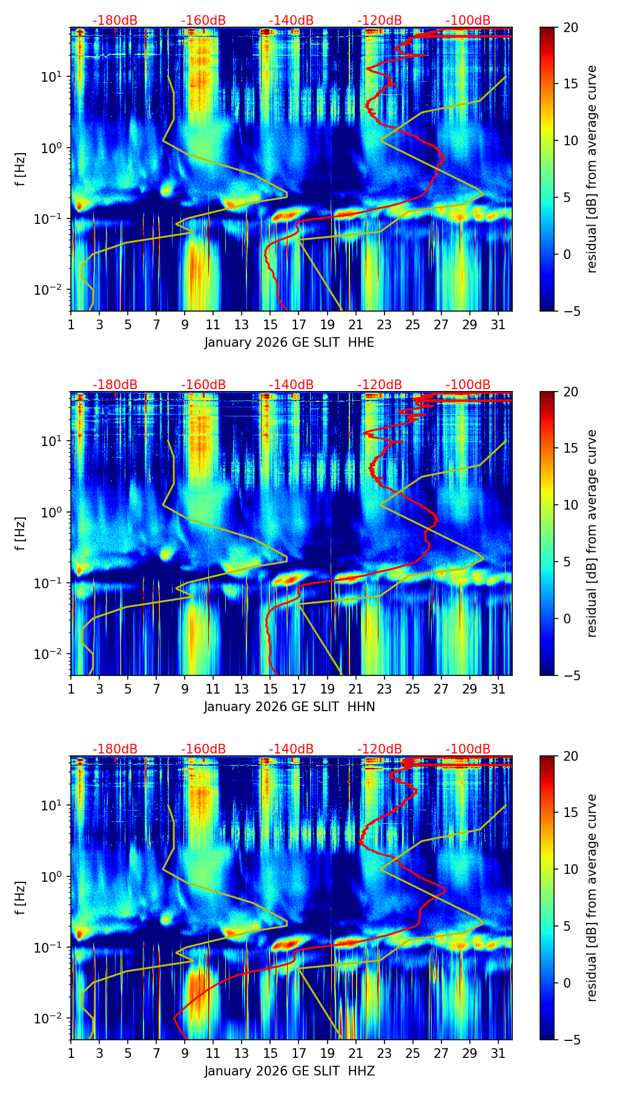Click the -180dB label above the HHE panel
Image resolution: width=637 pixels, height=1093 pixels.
pos(115,21)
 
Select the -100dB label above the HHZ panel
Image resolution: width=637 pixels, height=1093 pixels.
pos(468,749)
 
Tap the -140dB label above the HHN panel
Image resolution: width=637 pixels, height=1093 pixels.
pos(291,385)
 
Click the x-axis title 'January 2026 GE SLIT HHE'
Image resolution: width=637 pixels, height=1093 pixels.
pos(289,343)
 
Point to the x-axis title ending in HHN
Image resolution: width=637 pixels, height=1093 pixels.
pos(289,707)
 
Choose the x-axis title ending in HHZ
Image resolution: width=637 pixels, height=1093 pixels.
pos(289,1071)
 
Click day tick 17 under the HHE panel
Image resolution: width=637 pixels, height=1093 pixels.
pos(299,324)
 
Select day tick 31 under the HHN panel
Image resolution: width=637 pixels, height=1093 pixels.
pos(498,688)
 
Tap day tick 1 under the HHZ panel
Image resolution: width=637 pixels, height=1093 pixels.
pos(71,1052)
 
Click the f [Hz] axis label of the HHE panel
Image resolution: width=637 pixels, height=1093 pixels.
pos(20,169)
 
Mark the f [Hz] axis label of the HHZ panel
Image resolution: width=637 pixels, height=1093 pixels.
pos(20,898)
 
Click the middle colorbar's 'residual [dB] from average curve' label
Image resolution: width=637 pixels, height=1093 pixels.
pos(592,533)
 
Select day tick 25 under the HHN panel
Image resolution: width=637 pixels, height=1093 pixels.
pos(412,688)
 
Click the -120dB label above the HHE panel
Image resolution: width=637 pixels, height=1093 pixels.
pos(380,21)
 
